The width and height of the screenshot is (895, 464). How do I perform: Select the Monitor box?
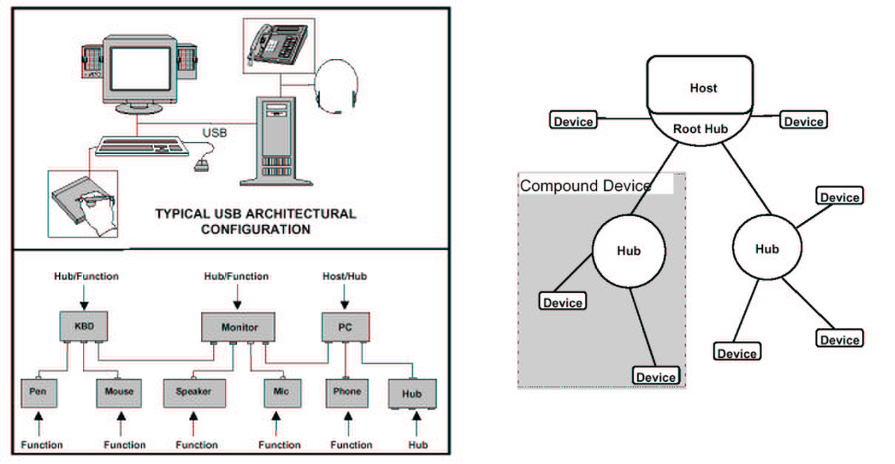(239, 326)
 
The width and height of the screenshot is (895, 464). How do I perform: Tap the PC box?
(346, 326)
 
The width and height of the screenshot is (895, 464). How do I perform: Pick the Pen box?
(38, 392)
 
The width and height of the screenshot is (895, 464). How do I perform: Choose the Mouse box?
(119, 392)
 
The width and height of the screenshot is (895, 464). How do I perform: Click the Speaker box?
(194, 392)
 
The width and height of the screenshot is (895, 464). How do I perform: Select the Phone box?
(347, 392)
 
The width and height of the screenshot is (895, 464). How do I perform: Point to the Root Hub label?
(700, 130)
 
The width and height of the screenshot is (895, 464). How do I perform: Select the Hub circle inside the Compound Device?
(628, 251)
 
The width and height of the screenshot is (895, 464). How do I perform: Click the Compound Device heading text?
(585, 186)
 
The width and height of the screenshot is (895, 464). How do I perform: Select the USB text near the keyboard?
(214, 133)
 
